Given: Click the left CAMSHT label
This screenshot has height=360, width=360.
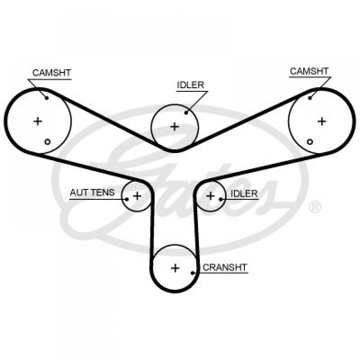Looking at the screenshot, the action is (x=51, y=73).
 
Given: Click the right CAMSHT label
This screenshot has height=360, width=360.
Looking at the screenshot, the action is (x=309, y=71).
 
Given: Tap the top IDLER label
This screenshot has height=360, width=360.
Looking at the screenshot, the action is (x=190, y=85).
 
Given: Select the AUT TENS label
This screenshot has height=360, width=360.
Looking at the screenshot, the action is (x=92, y=192).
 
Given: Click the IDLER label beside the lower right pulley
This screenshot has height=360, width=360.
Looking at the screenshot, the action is (x=244, y=194).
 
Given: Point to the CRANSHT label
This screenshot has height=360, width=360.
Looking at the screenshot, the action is (x=225, y=267).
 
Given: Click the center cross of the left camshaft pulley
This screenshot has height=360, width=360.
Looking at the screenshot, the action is (x=38, y=121).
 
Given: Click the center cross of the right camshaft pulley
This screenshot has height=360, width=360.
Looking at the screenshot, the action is (x=321, y=121).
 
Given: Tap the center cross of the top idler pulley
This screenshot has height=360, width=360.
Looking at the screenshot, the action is (x=175, y=126).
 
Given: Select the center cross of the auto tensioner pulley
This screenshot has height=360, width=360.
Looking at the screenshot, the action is (x=137, y=196).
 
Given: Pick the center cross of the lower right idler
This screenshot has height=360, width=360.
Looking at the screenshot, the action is (x=211, y=196).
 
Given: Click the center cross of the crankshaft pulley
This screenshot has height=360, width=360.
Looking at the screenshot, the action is (x=175, y=268).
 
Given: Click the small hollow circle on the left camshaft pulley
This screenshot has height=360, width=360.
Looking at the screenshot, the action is (x=47, y=142).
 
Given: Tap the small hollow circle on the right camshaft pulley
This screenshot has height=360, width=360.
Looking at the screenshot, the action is (x=310, y=141).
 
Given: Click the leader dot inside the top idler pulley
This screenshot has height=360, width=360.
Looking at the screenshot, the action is (x=186, y=113).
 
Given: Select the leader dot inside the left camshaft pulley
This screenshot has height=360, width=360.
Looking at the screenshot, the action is (x=47, y=98).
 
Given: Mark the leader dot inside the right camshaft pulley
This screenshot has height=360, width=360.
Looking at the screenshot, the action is (x=310, y=98).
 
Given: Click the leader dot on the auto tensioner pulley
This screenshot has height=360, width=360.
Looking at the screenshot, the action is (x=126, y=199).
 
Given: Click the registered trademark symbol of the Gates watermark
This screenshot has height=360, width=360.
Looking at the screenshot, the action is (x=315, y=207).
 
